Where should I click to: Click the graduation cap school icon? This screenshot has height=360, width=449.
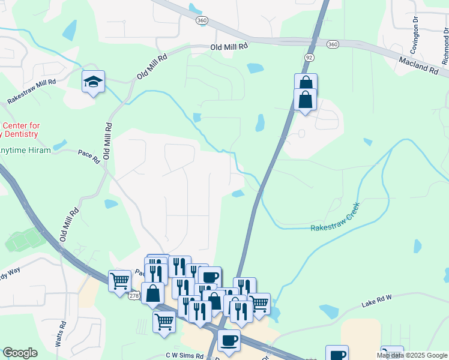click(x=93, y=82)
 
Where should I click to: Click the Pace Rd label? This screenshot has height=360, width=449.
click(x=88, y=155)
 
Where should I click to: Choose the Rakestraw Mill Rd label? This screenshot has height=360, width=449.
click(x=31, y=92)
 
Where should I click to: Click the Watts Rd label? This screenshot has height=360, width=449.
click(x=60, y=332)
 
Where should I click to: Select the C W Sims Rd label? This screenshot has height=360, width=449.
click(x=185, y=356)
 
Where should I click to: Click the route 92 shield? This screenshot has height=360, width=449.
click(x=309, y=57)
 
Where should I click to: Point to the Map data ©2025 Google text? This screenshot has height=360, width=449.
click(x=412, y=355)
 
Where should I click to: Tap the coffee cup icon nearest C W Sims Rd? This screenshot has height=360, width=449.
click(x=228, y=341)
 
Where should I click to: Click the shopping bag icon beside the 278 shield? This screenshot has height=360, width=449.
click(x=153, y=293)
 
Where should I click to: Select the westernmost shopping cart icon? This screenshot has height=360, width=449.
click(x=119, y=280)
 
